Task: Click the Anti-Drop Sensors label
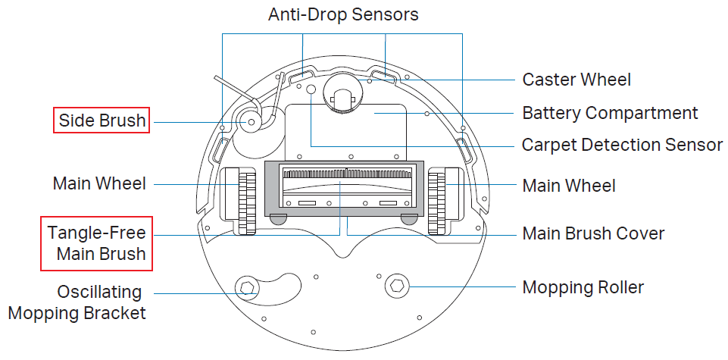(x=343, y=14)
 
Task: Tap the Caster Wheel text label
(x=576, y=80)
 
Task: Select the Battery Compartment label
(x=610, y=114)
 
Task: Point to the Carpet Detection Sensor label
(x=623, y=145)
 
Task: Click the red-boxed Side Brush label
(x=102, y=121)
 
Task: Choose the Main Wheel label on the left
(x=99, y=183)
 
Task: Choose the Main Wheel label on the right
(x=569, y=185)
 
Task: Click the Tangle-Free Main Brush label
(x=96, y=243)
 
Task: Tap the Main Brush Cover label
(x=593, y=233)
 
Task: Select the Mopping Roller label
(x=583, y=287)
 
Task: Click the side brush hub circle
(x=248, y=121)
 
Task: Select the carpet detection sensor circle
(x=310, y=89)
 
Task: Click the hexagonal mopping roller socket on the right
(x=395, y=286)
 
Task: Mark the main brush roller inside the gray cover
(x=345, y=184)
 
